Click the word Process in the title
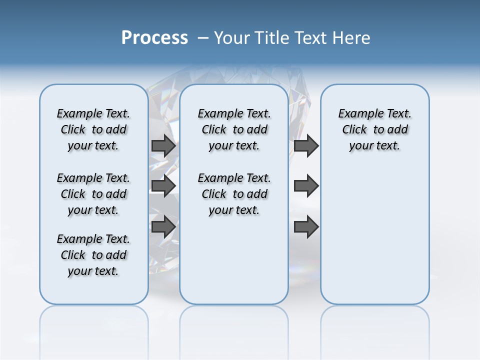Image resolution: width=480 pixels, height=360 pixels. pos(154,38)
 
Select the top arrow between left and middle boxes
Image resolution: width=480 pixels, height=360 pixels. pos(163,146)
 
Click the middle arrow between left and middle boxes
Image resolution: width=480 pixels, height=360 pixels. pos(163,185)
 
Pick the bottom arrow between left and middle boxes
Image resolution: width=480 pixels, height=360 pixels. pos(163,226)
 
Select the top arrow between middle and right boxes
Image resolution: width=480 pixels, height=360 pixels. pos(306,146)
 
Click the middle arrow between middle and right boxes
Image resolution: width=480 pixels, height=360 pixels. pos(306,185)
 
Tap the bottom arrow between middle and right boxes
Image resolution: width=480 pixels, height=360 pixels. pos(306,226)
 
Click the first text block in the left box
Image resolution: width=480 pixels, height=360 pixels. pos(93,129)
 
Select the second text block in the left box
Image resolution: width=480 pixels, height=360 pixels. pos(93,194)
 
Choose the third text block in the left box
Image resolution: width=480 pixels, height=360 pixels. pos(93,255)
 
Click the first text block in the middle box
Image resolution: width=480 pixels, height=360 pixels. pos(234,129)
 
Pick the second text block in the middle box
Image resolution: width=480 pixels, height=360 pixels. pos(234,194)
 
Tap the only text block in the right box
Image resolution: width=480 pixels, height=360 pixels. pos(374,129)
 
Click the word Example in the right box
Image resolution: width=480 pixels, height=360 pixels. pos(357,114)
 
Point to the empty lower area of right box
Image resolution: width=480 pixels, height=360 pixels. pos(374,235)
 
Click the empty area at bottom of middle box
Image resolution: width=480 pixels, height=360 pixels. pos(234,265)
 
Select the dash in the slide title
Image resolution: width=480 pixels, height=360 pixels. pos(203,38)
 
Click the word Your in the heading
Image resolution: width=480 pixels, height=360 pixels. pos(232,38)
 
